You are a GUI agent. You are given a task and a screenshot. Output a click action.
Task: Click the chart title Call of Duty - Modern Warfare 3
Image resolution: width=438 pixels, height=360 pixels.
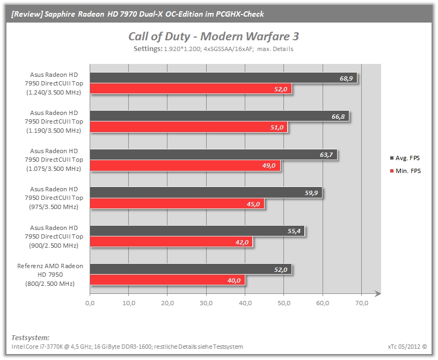(x=214, y=37)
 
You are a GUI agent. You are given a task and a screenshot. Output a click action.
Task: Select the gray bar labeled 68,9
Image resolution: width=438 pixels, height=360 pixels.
(x=223, y=78)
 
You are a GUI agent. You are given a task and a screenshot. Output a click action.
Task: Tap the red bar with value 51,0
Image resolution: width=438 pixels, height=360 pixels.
(x=189, y=127)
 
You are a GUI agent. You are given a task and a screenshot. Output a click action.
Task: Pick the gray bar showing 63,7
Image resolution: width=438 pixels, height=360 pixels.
(x=214, y=154)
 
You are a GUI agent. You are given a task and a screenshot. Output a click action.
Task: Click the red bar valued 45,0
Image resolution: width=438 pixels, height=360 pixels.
(x=177, y=204)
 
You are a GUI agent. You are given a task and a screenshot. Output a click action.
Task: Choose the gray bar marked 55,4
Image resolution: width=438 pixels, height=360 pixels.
(x=197, y=231)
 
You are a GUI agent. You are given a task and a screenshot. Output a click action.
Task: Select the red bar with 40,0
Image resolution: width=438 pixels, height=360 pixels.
(x=167, y=280)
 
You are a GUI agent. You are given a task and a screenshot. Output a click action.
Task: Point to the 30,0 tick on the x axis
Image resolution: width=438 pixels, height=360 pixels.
(x=206, y=303)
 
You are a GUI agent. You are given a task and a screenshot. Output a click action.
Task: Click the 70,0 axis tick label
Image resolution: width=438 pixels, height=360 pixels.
(x=362, y=303)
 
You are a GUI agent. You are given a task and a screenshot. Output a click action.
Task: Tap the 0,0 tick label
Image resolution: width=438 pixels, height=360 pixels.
(x=90, y=303)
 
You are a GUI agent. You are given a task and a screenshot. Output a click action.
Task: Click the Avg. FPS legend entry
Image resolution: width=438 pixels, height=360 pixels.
(x=405, y=158)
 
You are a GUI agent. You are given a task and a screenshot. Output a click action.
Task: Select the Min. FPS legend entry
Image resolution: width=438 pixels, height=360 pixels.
(x=405, y=171)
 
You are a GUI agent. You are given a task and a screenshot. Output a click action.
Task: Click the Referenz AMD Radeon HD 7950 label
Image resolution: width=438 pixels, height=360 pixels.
(x=50, y=275)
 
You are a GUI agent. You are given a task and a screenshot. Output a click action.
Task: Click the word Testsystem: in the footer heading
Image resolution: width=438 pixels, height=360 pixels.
(x=31, y=337)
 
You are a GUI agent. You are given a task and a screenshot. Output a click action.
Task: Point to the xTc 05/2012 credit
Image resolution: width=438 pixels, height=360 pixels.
(x=407, y=347)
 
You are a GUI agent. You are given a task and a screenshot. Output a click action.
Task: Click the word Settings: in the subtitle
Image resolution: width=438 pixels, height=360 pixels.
(x=148, y=49)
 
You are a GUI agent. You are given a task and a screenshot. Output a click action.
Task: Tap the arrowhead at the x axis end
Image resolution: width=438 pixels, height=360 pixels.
(x=378, y=293)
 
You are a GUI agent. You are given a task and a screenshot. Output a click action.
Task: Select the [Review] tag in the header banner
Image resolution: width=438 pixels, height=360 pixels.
(x=27, y=14)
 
